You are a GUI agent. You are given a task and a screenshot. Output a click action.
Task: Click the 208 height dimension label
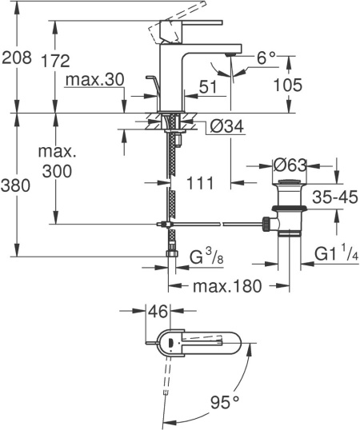(x=16, y=58)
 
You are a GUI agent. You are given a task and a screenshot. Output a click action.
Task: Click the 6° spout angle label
(x=266, y=58)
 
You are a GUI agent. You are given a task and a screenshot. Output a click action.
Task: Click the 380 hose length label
(x=16, y=186)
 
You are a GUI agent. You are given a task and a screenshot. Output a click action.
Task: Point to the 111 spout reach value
(x=201, y=183)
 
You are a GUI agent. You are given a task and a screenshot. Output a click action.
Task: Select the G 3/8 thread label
(x=204, y=257)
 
